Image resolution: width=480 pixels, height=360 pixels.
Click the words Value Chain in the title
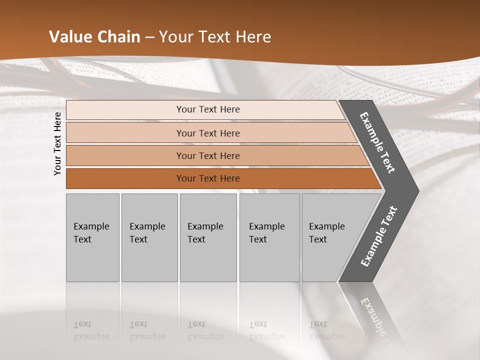point(94,37)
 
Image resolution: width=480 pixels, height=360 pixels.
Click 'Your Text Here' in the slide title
point(215,37)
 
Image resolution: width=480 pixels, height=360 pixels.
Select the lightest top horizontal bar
point(207,109)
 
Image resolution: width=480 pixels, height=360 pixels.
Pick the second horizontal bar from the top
point(207,133)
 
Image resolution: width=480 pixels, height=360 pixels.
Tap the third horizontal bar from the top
point(207,155)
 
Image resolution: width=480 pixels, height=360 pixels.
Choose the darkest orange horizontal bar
point(207,178)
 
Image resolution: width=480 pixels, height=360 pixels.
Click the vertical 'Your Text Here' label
point(57,143)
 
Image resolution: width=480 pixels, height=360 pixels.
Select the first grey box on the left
point(92,237)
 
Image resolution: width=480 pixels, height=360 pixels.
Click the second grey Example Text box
point(149,237)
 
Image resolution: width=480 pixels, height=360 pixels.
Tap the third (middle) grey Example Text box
point(208,237)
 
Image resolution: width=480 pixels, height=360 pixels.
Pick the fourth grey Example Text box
point(269,237)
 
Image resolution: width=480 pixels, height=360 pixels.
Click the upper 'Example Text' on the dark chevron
point(377,142)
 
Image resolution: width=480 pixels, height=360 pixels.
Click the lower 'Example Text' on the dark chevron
point(379,236)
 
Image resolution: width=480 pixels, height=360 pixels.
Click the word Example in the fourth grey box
point(266,226)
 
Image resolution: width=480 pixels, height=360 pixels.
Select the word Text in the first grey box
point(82,239)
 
